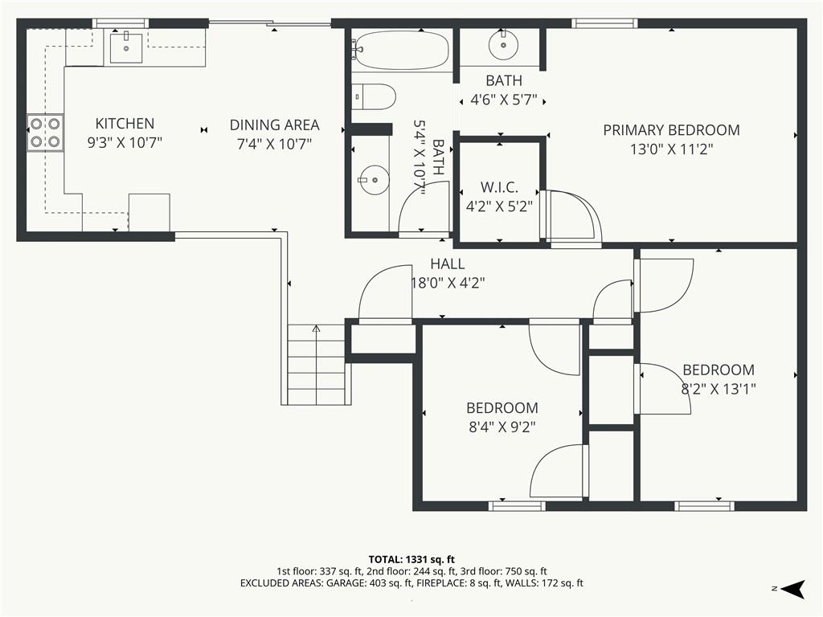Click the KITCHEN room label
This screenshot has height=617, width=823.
click(x=125, y=124)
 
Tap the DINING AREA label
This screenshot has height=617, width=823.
click(x=275, y=125)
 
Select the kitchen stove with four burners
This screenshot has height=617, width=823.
click(x=46, y=133)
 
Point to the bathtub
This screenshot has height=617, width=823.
click(x=400, y=51)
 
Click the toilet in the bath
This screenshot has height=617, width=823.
click(x=373, y=96)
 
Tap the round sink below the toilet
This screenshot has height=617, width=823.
click(x=375, y=180)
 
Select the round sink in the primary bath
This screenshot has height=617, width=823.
click(x=503, y=45)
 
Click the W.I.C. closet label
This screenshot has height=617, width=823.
click(x=499, y=187)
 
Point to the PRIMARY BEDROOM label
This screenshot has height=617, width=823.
click(x=671, y=130)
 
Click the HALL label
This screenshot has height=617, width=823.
click(x=447, y=264)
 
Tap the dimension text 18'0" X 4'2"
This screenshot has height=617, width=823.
click(x=447, y=284)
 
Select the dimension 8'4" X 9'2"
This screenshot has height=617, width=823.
click(x=502, y=427)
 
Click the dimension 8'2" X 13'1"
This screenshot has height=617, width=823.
click(x=719, y=390)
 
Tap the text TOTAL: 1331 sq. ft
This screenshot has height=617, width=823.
click(x=411, y=559)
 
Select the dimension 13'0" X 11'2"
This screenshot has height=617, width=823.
click(x=671, y=149)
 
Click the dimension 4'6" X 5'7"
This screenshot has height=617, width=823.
click(x=504, y=100)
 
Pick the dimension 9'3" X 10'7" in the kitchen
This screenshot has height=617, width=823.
click(x=125, y=143)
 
